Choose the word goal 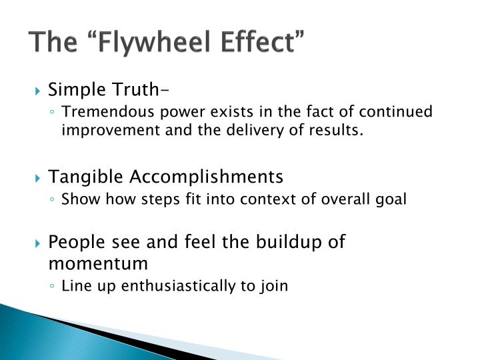392,199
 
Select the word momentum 97,263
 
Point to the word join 273,286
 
